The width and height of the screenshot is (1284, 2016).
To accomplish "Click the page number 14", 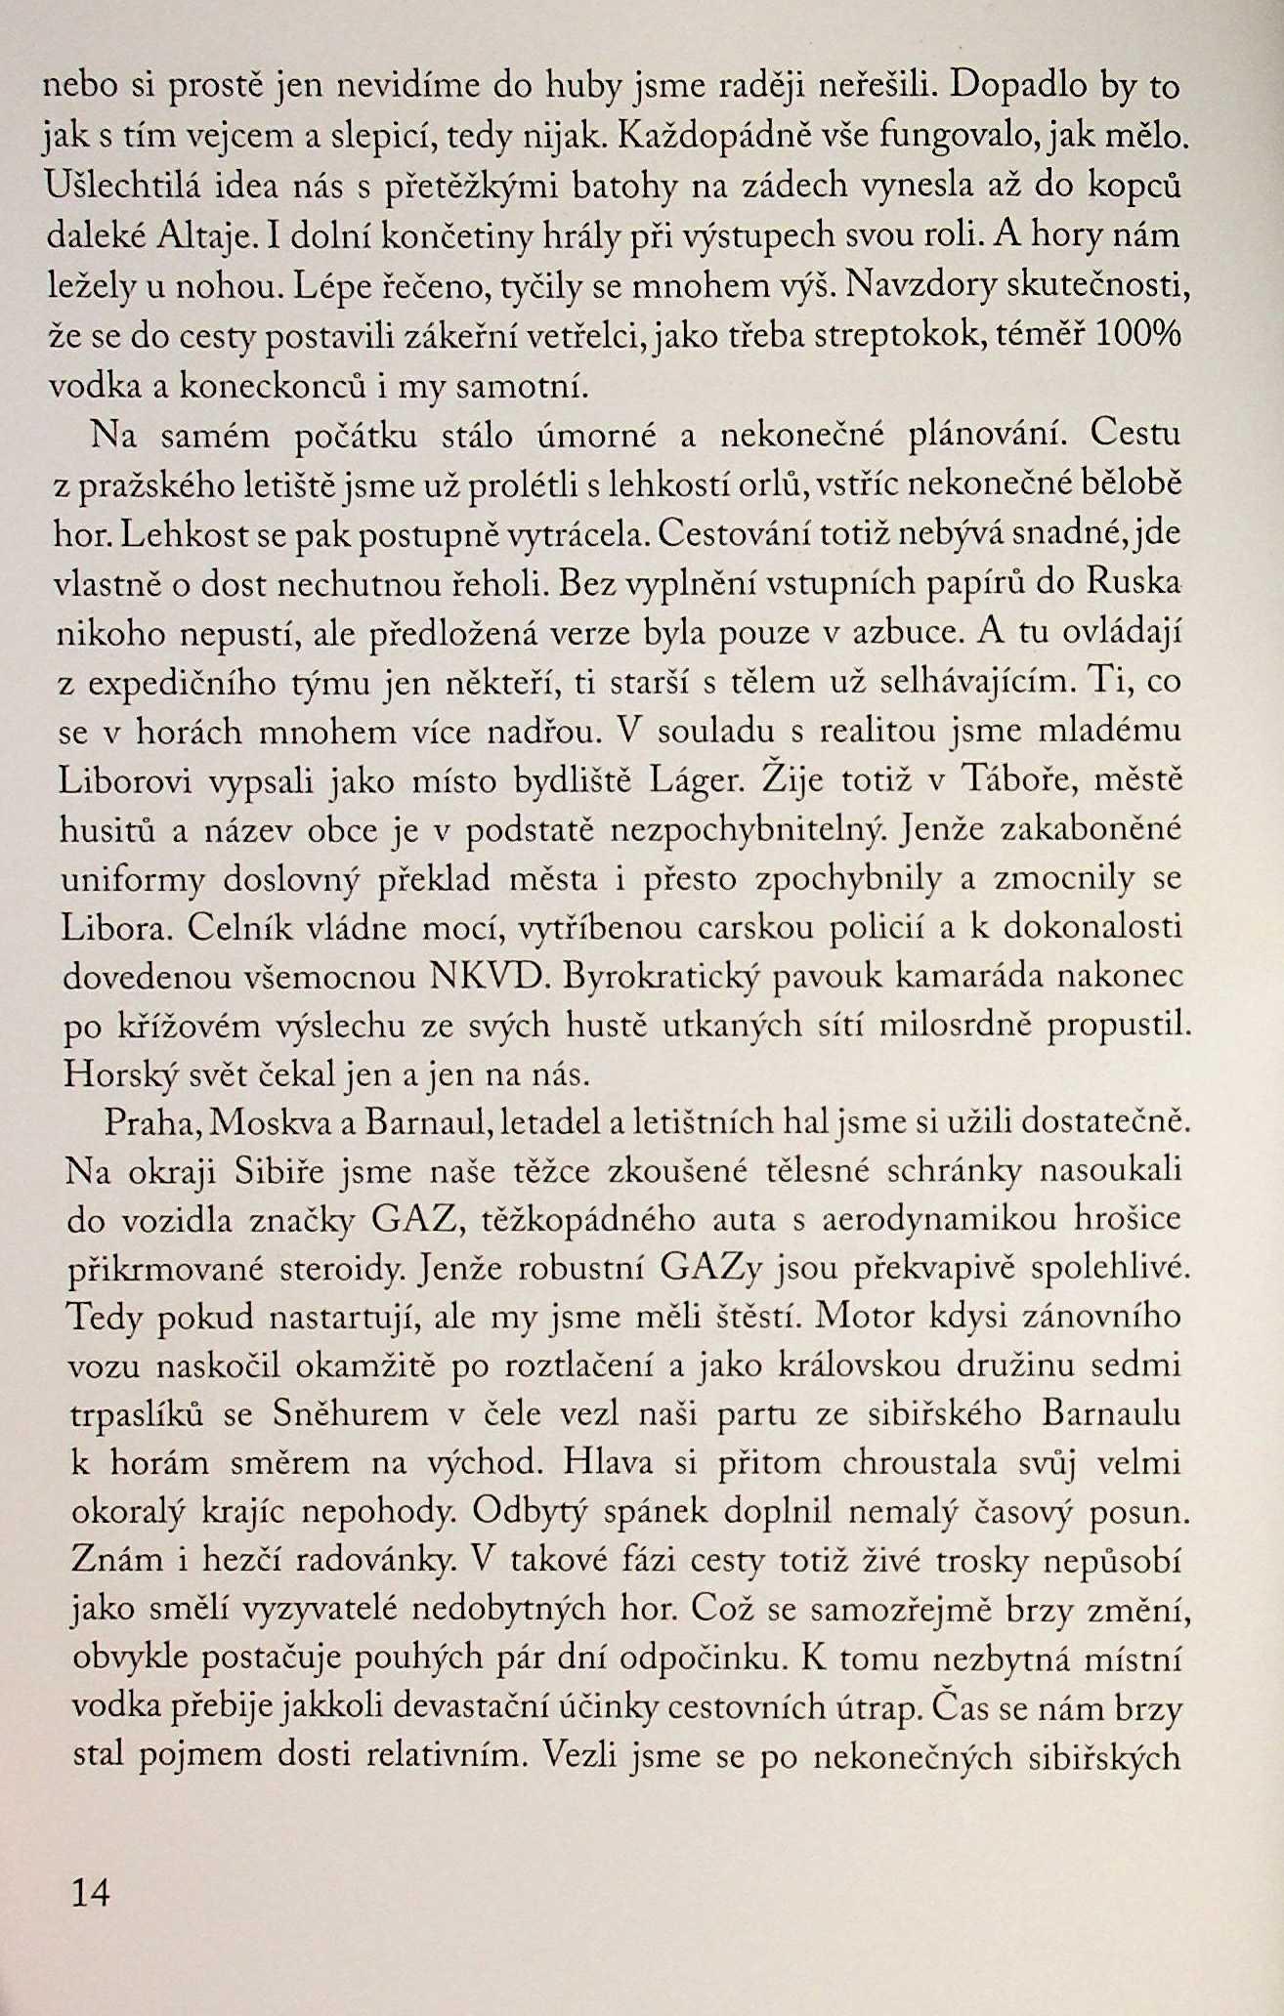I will click(x=91, y=1894).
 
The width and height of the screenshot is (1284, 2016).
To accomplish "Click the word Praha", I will click(x=150, y=1123).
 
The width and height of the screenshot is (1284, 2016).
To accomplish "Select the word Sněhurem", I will click(x=350, y=1414).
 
